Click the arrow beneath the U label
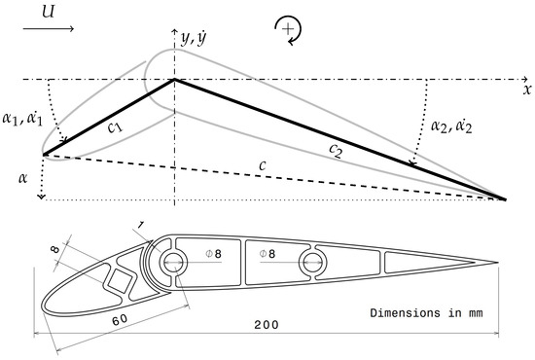click(x=48, y=29)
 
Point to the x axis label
click(x=526, y=89)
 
